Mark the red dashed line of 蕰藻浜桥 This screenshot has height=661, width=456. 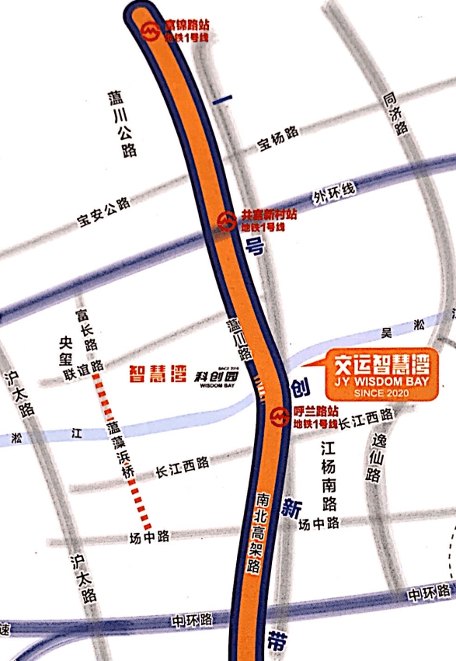[x=121, y=451]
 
